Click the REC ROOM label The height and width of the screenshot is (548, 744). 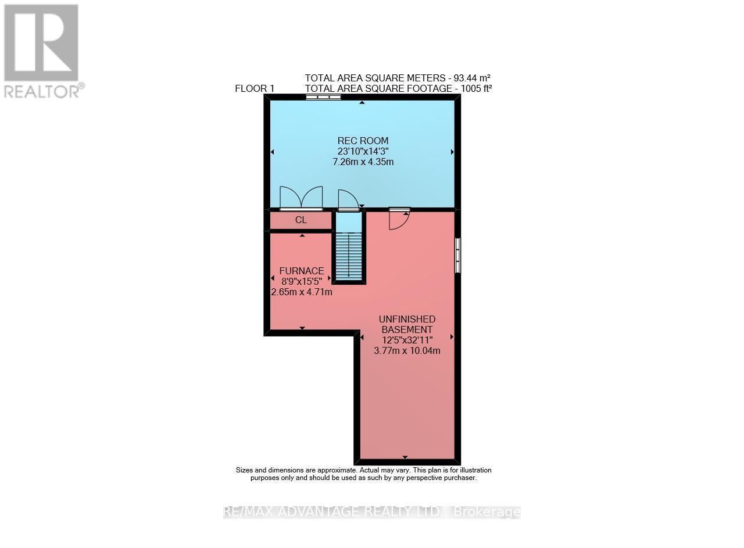(363, 141)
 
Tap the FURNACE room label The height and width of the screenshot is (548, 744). (301, 271)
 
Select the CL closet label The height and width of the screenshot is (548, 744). (301, 220)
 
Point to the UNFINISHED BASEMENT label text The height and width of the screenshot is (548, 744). (407, 324)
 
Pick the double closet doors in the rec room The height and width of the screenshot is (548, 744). (301, 198)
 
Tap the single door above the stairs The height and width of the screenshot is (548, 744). (348, 200)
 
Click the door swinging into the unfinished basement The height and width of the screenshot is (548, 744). (399, 218)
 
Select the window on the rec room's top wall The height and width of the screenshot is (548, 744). (323, 98)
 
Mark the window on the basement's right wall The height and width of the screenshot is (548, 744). (457, 255)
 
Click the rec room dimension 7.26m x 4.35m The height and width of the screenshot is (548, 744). (363, 162)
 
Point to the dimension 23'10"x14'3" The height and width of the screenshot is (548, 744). (363, 151)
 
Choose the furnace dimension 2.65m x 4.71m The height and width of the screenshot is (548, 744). (302, 292)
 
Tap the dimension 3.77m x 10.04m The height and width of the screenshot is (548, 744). (407, 350)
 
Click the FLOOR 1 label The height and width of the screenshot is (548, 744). (254, 88)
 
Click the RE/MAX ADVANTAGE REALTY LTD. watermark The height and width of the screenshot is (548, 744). (371, 512)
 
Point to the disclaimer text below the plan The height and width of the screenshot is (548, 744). (363, 474)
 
